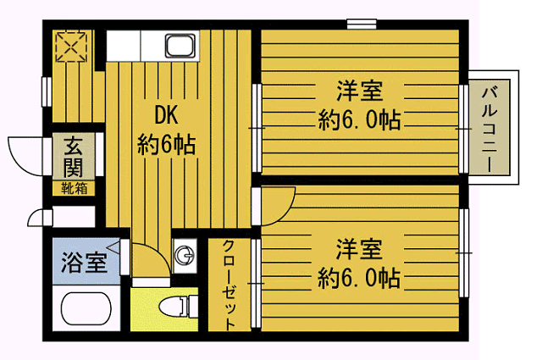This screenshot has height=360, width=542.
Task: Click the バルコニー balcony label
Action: coord(492,126)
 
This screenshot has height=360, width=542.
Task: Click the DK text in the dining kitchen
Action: coord(167,114)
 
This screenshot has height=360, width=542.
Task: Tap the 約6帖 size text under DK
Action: coord(166,145)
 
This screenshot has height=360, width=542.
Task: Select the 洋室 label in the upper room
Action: coord(358,90)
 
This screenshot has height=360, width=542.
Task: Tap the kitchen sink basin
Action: coord(180,45)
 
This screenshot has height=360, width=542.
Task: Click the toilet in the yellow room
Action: coord(174,308)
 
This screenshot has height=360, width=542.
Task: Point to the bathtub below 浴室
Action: coord(87,310)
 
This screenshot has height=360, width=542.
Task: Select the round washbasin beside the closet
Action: coord(182,252)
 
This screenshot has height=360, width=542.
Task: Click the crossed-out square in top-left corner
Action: coord(69,46)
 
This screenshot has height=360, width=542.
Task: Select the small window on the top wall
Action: coord(362,23)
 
